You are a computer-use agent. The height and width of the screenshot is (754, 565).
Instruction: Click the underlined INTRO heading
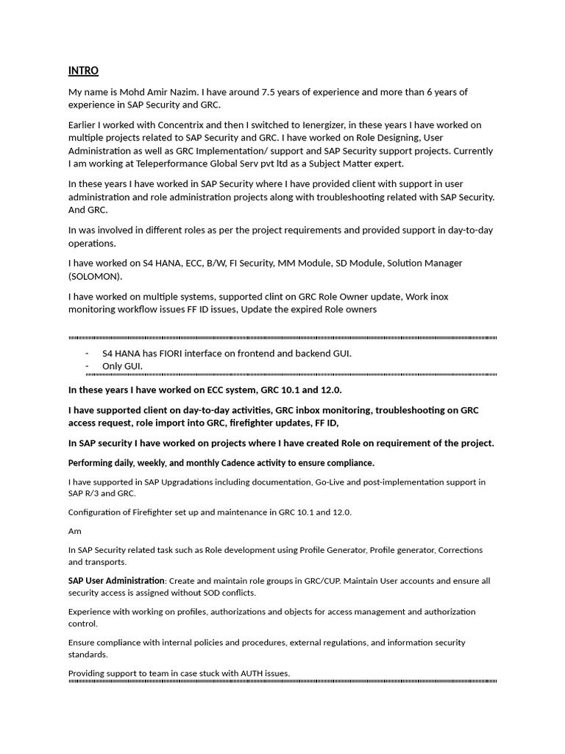coord(83,71)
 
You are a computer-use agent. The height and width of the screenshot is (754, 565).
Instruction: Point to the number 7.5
coord(270,92)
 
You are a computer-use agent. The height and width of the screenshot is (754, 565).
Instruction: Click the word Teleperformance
coord(171,163)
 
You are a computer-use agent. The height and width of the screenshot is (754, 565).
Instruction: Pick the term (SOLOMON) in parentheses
coord(96,276)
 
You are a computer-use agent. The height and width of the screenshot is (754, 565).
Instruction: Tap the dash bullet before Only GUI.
coord(88,366)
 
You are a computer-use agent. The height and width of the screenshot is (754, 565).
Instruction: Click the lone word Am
coord(75,531)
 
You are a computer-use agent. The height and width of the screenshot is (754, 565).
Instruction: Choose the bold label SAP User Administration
coord(116,581)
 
